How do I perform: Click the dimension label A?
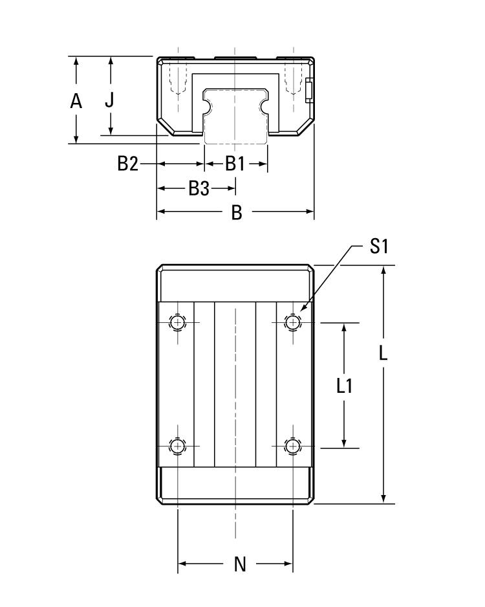(76, 102)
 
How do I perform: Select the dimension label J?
(110, 100)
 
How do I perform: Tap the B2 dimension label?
(128, 164)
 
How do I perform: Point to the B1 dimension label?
(235, 164)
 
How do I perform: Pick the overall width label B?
(237, 212)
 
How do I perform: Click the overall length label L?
(383, 353)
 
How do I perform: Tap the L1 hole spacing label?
(345, 386)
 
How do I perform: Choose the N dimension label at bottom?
(240, 564)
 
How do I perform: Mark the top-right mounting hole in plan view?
(294, 322)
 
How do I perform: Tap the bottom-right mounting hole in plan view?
(294, 445)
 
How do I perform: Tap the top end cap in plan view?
(235, 283)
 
